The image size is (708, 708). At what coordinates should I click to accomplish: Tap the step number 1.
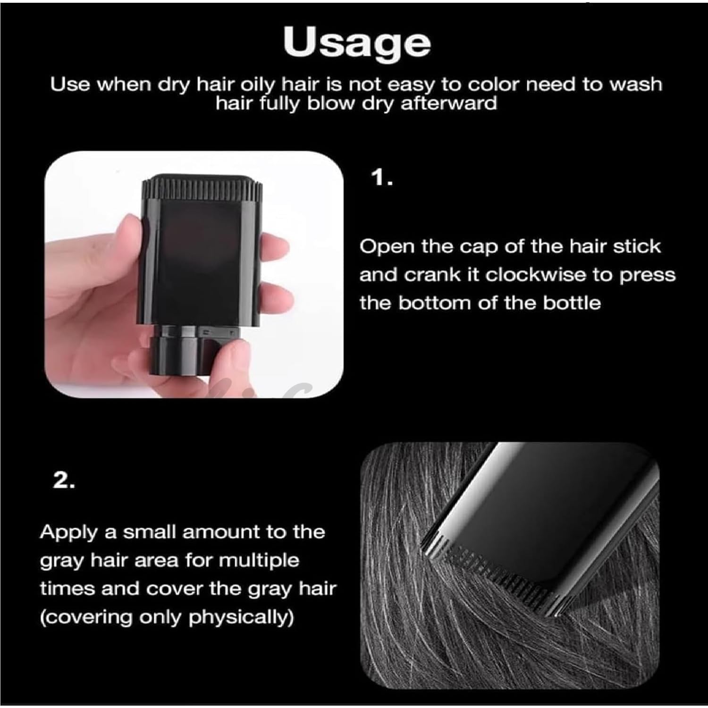(x=382, y=178)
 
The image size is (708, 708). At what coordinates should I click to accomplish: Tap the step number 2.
(x=64, y=480)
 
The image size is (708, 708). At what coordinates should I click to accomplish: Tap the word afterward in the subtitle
(x=449, y=103)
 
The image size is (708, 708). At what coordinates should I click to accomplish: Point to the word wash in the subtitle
(x=636, y=84)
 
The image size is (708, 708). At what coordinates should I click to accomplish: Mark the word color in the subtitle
(x=494, y=84)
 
